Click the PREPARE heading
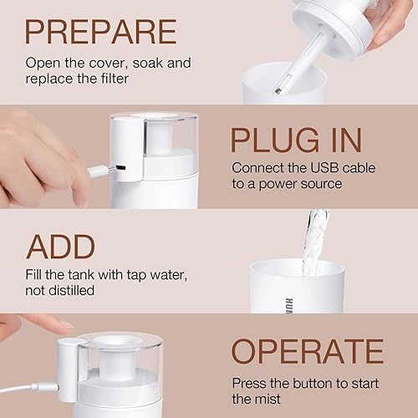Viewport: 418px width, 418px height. click(100, 31)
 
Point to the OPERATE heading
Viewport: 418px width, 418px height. click(308, 351)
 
